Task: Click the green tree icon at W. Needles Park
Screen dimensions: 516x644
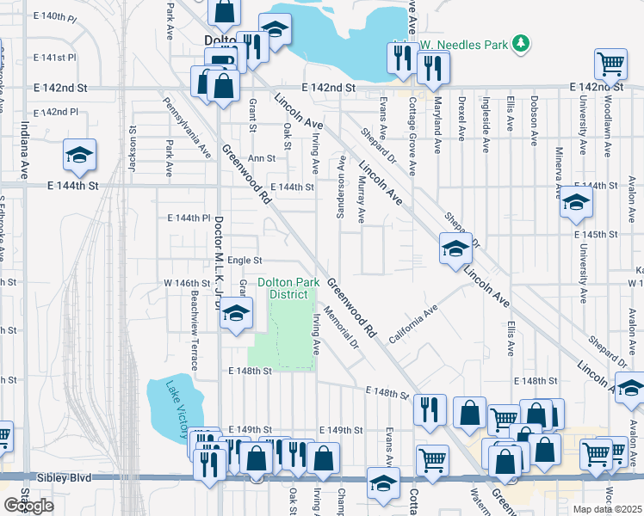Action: pos(520,43)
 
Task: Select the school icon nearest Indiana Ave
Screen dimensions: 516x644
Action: pos(80,156)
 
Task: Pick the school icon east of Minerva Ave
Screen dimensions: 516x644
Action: pos(575,205)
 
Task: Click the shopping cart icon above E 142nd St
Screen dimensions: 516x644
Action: pos(610,64)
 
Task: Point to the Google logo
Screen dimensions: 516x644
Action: pos(29,505)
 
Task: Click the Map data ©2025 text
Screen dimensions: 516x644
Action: pos(608,509)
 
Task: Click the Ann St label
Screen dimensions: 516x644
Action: pos(261,158)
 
